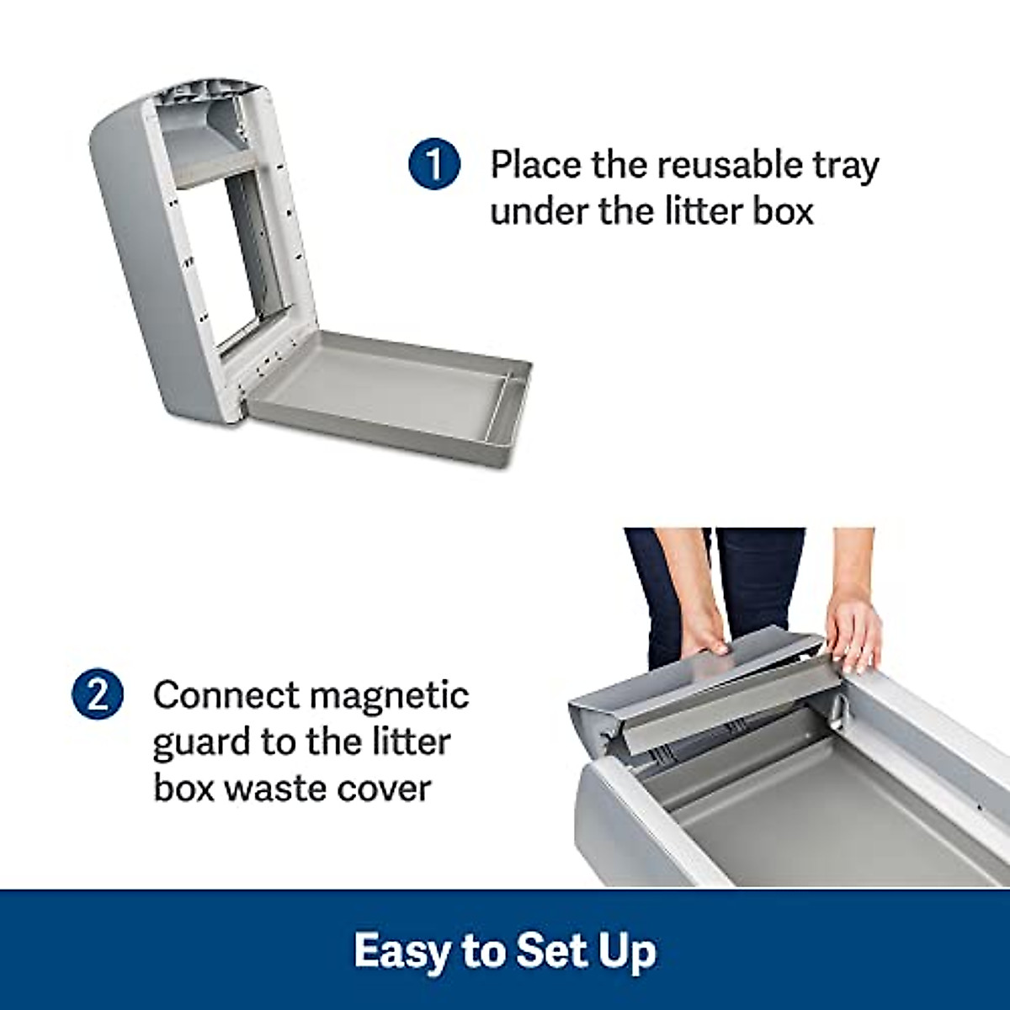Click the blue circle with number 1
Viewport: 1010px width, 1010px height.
(434, 164)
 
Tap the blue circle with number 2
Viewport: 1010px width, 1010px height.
(98, 696)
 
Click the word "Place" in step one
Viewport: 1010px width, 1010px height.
(534, 164)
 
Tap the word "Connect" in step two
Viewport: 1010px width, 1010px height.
(226, 696)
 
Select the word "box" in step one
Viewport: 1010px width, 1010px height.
(784, 210)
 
